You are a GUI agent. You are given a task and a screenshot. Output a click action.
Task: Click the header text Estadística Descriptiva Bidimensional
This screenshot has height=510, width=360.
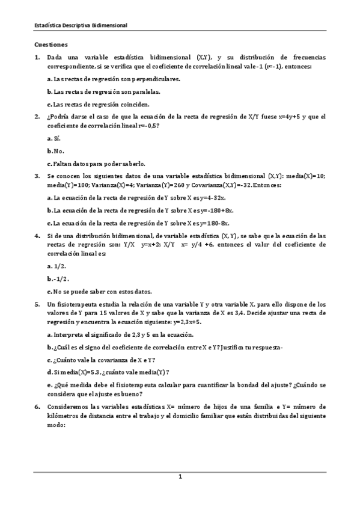[80, 25]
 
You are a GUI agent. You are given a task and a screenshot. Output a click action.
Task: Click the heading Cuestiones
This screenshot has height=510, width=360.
[51, 45]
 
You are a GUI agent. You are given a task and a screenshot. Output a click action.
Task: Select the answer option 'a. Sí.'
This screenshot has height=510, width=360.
[53, 138]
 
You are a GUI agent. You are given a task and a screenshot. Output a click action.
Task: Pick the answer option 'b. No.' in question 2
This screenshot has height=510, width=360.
[55, 151]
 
